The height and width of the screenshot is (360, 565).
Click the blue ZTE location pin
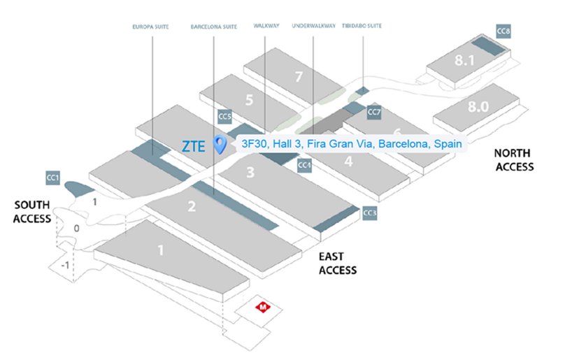click(220, 145)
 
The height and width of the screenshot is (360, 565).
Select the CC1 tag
click(53, 178)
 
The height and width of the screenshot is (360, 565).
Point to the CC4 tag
click(304, 165)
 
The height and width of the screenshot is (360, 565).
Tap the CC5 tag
click(224, 116)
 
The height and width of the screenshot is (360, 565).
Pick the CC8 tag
click(503, 32)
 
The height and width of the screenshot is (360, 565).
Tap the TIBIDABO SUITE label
click(362, 27)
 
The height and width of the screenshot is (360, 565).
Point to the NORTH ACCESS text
click(513, 159)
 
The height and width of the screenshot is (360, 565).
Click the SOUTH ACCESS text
click(33, 211)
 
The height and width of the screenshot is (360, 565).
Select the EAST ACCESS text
click(338, 264)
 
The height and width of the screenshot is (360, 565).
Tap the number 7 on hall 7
click(299, 76)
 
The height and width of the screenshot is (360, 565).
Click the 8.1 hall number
click(464, 61)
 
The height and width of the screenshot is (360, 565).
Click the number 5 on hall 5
click(248, 99)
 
